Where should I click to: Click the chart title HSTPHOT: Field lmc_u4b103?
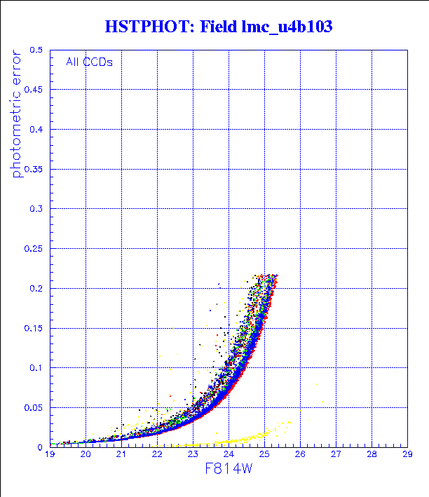tap(218, 27)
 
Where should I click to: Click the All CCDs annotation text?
tap(89, 62)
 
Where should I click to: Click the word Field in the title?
tap(223, 27)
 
